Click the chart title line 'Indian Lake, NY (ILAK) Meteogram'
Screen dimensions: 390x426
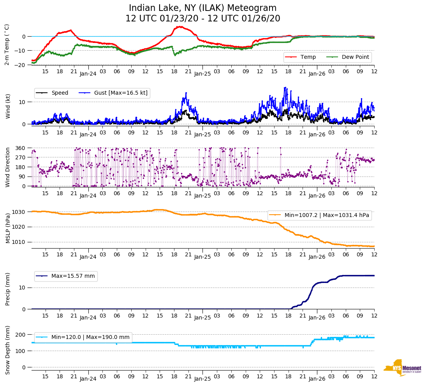[x=202, y=8]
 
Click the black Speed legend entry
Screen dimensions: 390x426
[x=53, y=93]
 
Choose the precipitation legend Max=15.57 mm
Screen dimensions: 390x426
[x=66, y=276]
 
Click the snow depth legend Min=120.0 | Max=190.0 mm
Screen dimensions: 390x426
[x=84, y=337]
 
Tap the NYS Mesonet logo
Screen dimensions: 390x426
[x=403, y=368]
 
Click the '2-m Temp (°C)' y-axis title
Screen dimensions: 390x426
[x=7, y=44]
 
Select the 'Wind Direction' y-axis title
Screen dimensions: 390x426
[x=8, y=167]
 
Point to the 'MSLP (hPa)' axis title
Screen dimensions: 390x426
[x=8, y=228]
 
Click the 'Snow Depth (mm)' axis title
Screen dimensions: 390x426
[x=8, y=350]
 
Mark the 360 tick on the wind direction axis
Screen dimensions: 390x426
[x=21, y=148]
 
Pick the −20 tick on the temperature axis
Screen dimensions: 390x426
[x=20, y=65]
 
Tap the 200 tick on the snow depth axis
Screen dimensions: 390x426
[x=21, y=335]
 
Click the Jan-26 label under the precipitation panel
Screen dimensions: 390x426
[x=317, y=318]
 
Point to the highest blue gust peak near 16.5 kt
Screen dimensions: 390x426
[x=285, y=88]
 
